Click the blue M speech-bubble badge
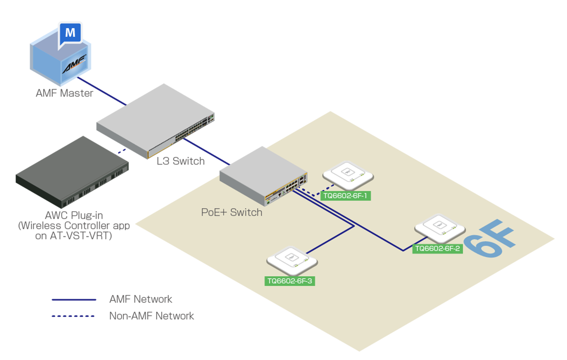click(70, 33)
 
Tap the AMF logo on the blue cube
click(75, 64)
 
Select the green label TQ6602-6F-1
click(345, 196)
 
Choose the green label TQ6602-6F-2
click(437, 249)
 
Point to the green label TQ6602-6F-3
click(289, 281)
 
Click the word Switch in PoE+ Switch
click(246, 212)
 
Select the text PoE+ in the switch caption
click(214, 212)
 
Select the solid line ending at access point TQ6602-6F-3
click(330, 240)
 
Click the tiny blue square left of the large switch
click(121, 151)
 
